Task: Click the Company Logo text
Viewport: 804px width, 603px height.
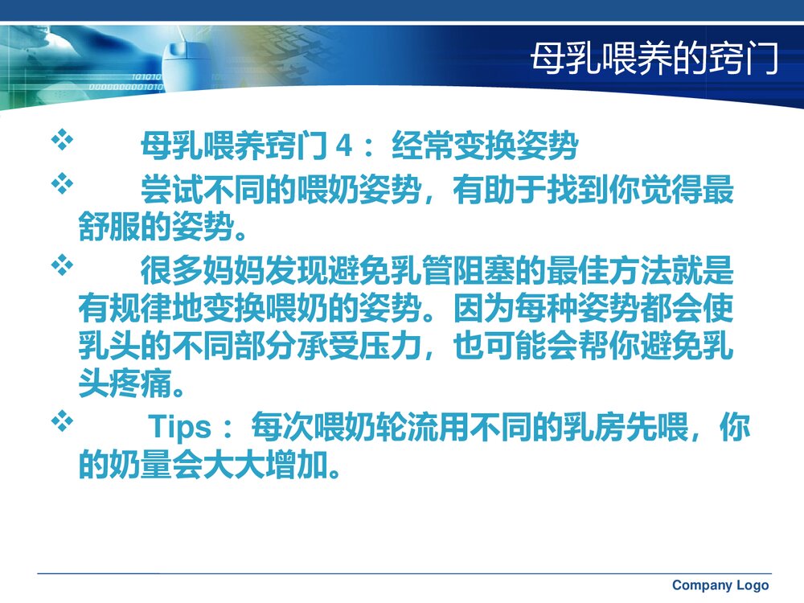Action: point(720,585)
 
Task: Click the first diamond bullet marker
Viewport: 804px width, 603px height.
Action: point(62,142)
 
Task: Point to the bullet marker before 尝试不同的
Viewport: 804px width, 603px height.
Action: point(62,186)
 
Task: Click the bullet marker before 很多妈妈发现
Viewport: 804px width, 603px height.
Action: point(62,265)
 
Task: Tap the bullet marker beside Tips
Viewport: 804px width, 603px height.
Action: point(62,420)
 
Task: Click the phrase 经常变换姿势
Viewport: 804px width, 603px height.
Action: point(485,148)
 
